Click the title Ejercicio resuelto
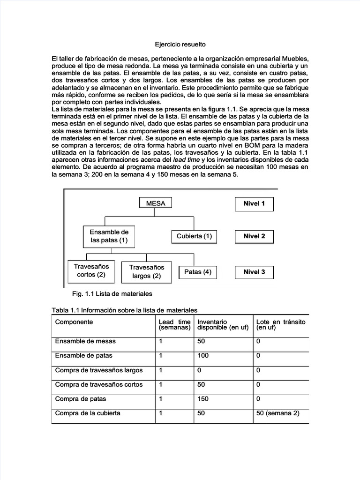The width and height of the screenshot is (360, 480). coord(180,45)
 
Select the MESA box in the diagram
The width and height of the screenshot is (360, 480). coord(156,203)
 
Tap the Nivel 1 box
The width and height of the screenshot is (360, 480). coord(254,204)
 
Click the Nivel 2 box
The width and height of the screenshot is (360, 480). coord(254,236)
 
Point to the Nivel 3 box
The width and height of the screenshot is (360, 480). coord(254,272)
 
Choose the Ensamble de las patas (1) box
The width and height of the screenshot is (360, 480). coord(109,236)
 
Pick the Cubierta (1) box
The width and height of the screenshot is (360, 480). coord(194,236)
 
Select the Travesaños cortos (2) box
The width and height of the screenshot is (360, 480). coord(91,270)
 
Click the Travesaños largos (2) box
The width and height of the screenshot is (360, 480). coord(146,272)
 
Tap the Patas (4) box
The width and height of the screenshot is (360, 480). coord(197,272)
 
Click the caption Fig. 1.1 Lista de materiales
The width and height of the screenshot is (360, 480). coord(112,293)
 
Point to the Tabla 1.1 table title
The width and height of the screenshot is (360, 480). coord(124,310)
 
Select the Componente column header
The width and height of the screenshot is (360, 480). coord(74,322)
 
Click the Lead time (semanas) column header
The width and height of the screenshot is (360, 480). coord(175,325)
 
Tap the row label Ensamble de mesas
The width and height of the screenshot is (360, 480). coord(85,341)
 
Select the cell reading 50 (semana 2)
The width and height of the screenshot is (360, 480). coord(277,413)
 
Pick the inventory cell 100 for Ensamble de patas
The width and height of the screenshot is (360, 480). coord(203,356)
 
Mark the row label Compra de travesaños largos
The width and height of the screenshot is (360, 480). coord(99,370)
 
